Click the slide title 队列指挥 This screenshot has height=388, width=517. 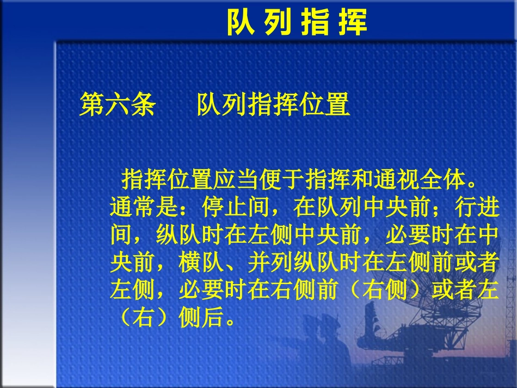click(x=297, y=23)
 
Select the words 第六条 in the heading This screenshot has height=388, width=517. click(x=118, y=104)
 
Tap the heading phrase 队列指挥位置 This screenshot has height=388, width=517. click(x=273, y=104)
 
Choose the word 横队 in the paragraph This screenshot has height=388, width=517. click(x=201, y=263)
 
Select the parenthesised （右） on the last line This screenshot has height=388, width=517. click(x=144, y=318)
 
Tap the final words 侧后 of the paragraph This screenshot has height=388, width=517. click(x=201, y=318)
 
